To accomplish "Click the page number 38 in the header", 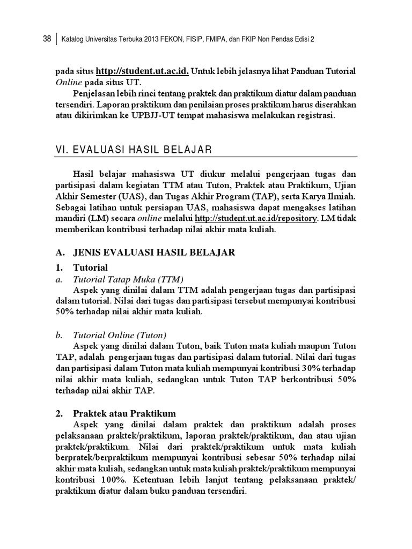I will click(x=47, y=39).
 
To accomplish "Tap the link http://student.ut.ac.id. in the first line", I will click(x=143, y=71).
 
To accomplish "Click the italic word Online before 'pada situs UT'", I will click(x=67, y=82).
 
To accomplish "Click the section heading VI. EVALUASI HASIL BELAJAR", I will click(x=134, y=149).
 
